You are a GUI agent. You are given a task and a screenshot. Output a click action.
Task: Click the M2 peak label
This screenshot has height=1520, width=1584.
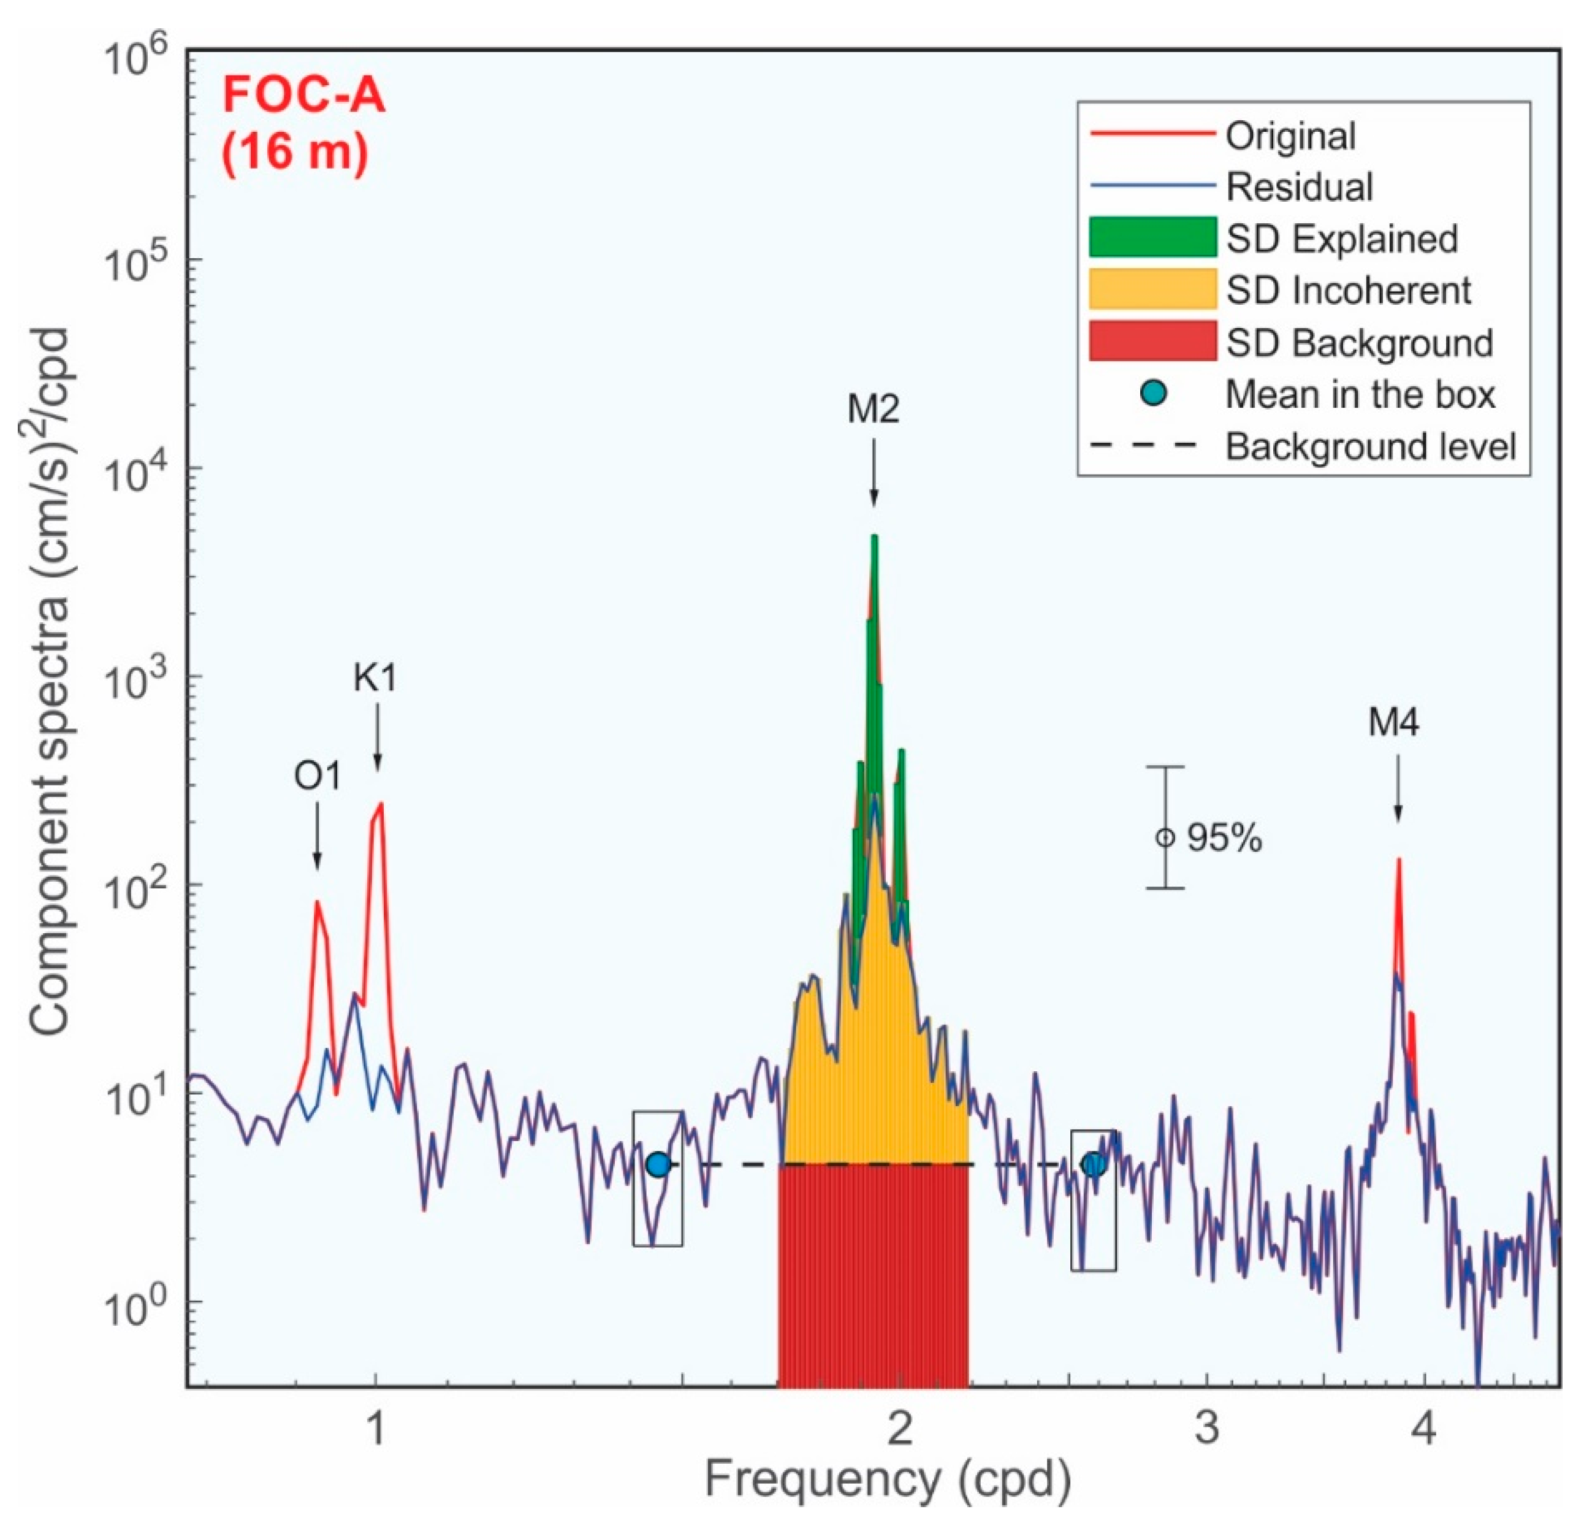pos(873,410)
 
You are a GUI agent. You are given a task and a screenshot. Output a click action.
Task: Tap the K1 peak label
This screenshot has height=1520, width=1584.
pos(376,678)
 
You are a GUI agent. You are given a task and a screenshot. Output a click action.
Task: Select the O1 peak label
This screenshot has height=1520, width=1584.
pos(317,776)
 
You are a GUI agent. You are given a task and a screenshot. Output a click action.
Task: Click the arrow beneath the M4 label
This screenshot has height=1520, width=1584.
pos(1397,789)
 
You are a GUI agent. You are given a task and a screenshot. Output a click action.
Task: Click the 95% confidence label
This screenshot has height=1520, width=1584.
pos(1224,838)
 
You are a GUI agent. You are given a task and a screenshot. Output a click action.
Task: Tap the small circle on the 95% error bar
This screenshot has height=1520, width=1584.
pos(1165,838)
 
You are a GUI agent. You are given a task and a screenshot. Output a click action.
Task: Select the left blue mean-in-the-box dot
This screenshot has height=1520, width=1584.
pos(658,1165)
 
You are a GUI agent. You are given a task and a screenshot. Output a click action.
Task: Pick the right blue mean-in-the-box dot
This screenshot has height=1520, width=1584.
pos(1094,1165)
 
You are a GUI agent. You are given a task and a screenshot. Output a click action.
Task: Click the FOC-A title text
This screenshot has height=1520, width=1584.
pos(304,96)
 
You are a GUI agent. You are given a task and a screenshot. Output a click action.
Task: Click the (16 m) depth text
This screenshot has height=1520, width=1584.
pos(296,151)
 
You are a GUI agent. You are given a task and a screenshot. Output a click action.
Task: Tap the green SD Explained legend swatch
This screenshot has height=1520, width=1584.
pos(1152,237)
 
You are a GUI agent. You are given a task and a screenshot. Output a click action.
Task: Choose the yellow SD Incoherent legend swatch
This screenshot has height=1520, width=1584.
pos(1152,289)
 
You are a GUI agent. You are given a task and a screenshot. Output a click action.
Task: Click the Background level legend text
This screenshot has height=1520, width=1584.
pos(1371,446)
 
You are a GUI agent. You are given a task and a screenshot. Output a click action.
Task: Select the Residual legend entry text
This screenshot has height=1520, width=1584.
pos(1300,187)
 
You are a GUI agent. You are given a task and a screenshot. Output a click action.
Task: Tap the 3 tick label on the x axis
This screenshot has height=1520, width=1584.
pos(1206,1429)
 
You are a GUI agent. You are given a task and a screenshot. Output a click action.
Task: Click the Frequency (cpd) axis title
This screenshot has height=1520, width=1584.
pos(888,1480)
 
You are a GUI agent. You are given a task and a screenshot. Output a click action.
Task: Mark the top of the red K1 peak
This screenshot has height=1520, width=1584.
pos(381,804)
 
